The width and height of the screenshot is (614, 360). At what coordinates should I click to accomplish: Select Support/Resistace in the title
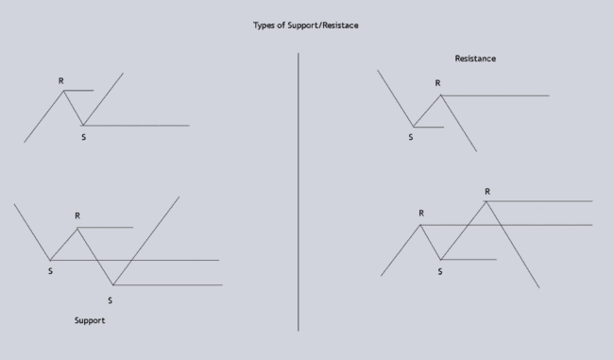click(320, 25)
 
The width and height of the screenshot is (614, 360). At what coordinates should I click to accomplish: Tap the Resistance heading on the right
click(475, 59)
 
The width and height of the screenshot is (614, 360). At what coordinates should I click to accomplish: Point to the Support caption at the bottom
click(90, 320)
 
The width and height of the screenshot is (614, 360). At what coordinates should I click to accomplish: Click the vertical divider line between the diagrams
click(298, 189)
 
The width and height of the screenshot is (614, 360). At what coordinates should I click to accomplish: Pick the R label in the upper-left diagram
click(61, 80)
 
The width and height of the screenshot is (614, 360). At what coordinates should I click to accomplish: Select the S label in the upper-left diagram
click(83, 138)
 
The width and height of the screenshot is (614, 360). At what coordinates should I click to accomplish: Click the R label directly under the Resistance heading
click(437, 83)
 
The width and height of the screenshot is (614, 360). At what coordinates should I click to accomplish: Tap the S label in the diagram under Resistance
click(411, 137)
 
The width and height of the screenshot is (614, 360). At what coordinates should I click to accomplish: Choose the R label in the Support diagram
click(77, 216)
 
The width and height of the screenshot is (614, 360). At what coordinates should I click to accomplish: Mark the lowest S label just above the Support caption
click(110, 300)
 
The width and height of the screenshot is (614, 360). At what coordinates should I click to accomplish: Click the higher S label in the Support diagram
click(50, 272)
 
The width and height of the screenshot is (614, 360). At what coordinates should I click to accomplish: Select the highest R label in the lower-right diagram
click(487, 192)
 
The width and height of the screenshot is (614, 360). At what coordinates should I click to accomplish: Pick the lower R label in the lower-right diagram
click(421, 214)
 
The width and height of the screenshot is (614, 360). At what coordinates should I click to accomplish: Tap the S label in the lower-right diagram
click(440, 271)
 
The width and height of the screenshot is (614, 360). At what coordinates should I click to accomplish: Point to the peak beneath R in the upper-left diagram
click(64, 90)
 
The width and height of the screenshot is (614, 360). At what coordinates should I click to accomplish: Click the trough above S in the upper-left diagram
click(83, 125)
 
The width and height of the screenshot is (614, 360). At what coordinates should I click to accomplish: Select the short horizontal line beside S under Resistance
click(430, 127)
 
